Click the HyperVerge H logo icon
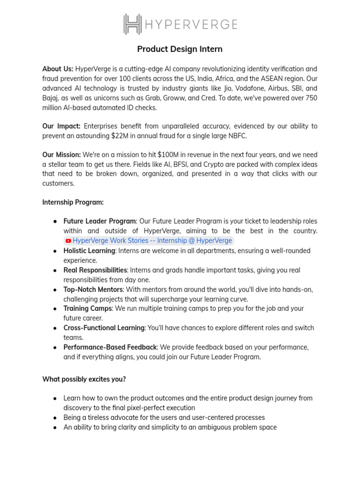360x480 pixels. click(x=133, y=24)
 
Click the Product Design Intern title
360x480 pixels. click(x=180, y=49)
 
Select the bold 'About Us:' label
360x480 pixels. click(x=58, y=69)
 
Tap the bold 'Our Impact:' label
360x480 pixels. click(x=61, y=126)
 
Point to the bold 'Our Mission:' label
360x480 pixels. click(x=61, y=155)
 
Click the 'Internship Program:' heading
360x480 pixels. click(x=73, y=202)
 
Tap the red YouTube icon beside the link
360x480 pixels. click(x=68, y=241)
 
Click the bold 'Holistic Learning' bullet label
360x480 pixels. click(x=89, y=251)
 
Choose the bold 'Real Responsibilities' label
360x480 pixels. click(x=95, y=270)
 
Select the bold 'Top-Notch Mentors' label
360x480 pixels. click(x=93, y=289)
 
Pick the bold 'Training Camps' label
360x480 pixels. click(x=88, y=308)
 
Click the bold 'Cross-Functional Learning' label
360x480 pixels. click(x=104, y=328)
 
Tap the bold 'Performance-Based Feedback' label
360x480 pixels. click(x=110, y=347)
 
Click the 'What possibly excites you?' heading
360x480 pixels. click(x=84, y=379)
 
